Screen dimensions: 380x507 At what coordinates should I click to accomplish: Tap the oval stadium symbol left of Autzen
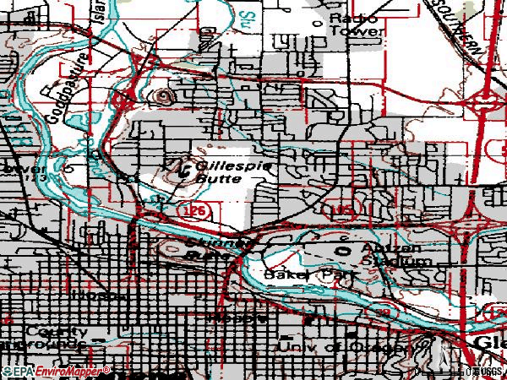pyautogui.click(x=344, y=250)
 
